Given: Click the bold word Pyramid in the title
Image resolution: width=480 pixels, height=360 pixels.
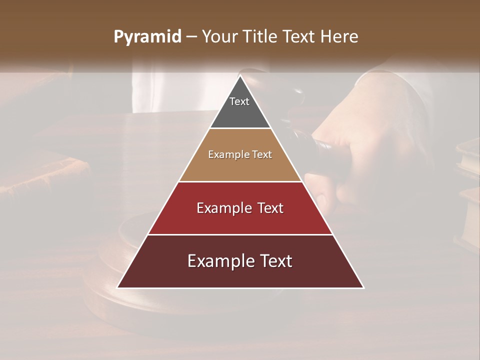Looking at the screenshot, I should pos(147,37).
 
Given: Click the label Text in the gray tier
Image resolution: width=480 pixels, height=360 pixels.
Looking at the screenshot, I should pos(239,101).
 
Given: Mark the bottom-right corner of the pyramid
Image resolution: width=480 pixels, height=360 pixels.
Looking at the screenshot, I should pos(363,287).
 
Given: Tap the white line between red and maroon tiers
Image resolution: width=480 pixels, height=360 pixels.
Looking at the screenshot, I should pos(240,234).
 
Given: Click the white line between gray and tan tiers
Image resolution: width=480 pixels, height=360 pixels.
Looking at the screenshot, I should pos(240,128).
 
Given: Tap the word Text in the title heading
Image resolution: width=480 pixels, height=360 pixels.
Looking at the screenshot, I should pos(299,37).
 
